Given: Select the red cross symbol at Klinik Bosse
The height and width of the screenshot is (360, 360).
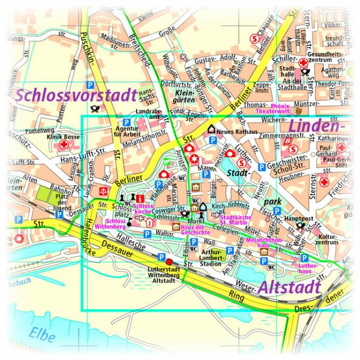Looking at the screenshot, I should tap(63, 145).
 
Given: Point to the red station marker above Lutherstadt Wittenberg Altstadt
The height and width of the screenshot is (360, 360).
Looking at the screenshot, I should tap(169, 262).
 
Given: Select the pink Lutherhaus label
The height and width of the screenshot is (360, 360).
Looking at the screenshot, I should tap(308, 268).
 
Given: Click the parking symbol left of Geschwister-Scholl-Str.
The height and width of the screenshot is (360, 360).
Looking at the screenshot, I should tap(261, 166).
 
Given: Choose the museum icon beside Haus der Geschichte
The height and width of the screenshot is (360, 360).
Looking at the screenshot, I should tap(176, 227).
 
